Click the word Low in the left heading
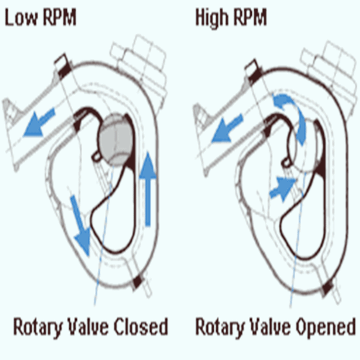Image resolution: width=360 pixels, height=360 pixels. (22, 17)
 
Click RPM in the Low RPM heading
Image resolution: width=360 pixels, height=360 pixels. (59, 17)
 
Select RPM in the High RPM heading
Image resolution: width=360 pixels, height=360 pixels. (250, 17)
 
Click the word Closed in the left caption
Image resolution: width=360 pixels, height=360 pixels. (140, 327)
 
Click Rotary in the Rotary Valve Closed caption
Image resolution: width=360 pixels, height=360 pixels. (38, 328)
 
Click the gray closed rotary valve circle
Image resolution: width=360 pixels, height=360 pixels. (116, 140)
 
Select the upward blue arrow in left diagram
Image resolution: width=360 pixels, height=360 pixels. (148, 189)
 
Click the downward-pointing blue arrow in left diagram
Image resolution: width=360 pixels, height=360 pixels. (81, 225)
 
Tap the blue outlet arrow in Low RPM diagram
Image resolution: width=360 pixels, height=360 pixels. (39, 122)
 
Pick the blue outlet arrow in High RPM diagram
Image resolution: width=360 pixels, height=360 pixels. (228, 128)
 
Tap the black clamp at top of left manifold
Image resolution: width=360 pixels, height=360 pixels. (64, 68)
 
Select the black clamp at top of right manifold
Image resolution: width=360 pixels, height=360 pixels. (255, 74)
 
